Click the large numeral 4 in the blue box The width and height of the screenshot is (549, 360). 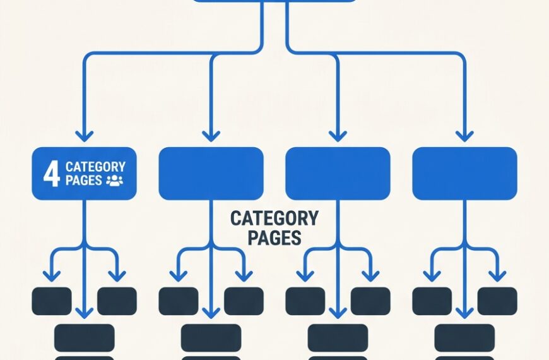click(x=52, y=174)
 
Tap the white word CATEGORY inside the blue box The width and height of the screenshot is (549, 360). click(x=95, y=167)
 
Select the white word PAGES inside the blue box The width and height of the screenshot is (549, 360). click(x=84, y=180)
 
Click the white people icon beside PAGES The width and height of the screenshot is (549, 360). click(x=114, y=181)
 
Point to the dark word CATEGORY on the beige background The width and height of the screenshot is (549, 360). click(x=274, y=219)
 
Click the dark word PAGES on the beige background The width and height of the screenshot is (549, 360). click(x=274, y=237)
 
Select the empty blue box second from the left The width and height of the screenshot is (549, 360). click(x=211, y=174)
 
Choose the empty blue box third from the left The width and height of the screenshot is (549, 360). click(x=338, y=174)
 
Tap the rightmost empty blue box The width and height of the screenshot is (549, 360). click(x=464, y=174)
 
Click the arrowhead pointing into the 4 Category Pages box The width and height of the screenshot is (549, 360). click(x=85, y=136)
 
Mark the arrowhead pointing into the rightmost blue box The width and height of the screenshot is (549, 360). click(x=464, y=136)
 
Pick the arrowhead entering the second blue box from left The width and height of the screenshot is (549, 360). click(x=211, y=136)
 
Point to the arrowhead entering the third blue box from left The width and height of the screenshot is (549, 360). click(x=338, y=136)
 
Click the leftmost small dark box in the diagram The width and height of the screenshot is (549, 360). click(x=52, y=301)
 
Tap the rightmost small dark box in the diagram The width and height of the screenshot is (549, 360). click(x=497, y=301)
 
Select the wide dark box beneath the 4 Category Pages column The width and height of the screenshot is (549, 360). click(x=85, y=338)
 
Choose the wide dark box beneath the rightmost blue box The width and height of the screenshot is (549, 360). click(x=464, y=338)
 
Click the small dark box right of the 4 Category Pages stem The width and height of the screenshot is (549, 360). click(x=117, y=301)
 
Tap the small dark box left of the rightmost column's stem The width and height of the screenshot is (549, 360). click(x=432, y=301)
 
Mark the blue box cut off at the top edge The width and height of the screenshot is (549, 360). click(x=274, y=1)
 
